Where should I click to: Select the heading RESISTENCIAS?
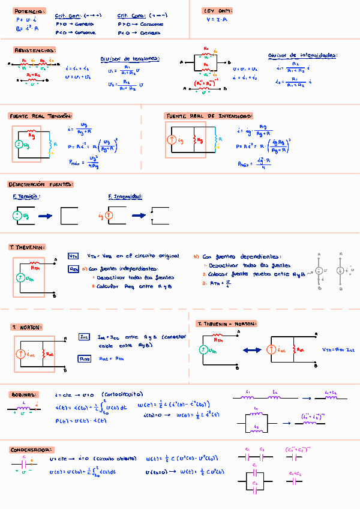35,50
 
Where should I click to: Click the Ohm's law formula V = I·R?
217,19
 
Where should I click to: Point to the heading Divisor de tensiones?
130,58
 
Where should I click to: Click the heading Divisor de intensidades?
302,55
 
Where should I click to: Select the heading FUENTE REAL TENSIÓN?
41,116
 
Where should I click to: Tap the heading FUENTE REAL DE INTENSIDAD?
208,116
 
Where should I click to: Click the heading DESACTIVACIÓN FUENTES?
40,184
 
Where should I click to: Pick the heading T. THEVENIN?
27,247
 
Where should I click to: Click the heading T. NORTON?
26,327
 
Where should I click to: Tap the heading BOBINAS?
25,395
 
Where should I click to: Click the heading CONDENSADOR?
31,450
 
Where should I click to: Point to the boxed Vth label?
73,256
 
